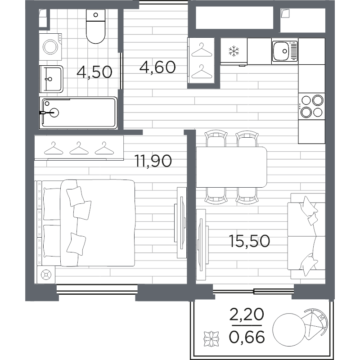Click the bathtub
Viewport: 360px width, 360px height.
tap(78, 112)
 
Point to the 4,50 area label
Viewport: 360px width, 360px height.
tap(94, 72)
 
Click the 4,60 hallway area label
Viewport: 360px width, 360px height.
tap(157, 67)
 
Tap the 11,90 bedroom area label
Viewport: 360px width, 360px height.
tap(153, 161)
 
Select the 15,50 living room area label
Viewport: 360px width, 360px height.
tap(249, 241)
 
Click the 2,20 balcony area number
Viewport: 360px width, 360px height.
tap(247, 315)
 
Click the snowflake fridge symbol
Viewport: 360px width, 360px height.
tap(234, 51)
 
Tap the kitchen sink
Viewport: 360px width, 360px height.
tap(284, 51)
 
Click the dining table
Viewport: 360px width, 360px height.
tap(231, 167)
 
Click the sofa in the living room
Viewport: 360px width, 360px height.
tap(306, 236)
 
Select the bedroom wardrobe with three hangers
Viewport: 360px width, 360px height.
tap(79, 148)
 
